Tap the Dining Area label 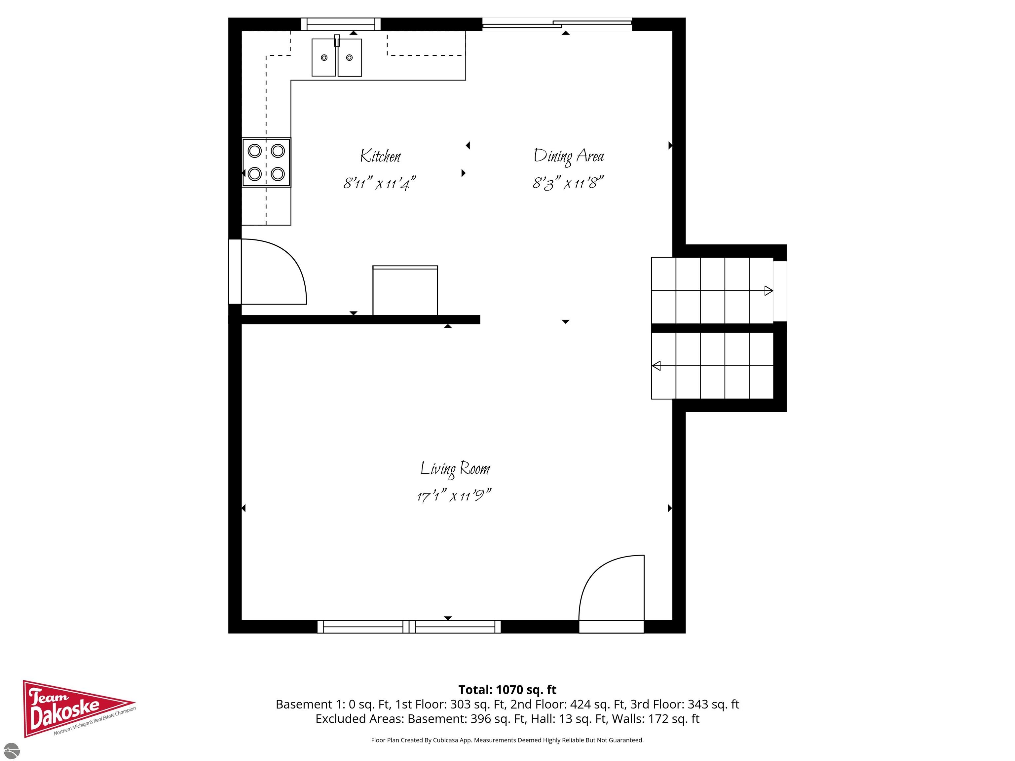coord(569,157)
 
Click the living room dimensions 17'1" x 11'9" coord(454,496)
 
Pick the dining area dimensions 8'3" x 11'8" coord(568,183)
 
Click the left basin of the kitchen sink coord(324,57)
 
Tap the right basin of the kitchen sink coord(350,57)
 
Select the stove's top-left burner coord(255,151)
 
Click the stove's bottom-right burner coord(278,174)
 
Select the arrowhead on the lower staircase coord(657,366)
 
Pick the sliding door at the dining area coord(557,24)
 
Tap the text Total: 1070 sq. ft coord(507,689)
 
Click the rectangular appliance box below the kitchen coord(405,290)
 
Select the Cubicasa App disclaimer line coord(507,740)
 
